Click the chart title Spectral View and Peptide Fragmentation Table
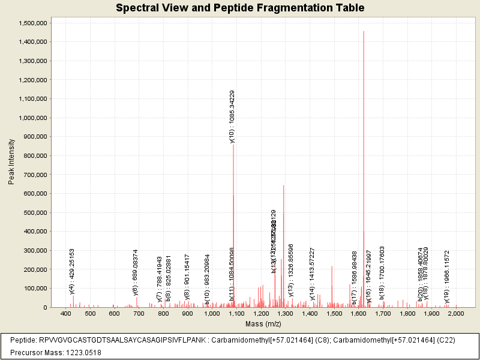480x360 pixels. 240,8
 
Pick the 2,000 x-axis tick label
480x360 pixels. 456,314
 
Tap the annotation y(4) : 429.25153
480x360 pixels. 72,271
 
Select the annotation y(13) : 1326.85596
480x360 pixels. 291,269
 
